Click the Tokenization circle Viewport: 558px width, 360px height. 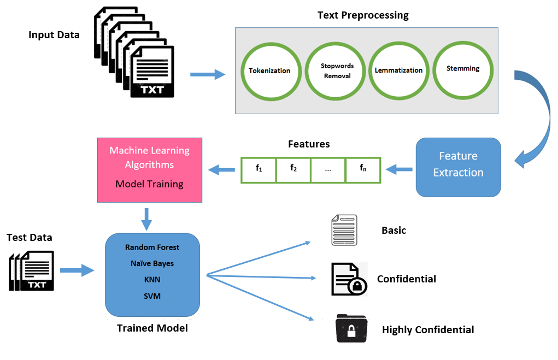(x=269, y=70)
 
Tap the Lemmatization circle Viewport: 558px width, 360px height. (x=398, y=70)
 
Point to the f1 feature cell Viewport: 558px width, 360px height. (x=259, y=169)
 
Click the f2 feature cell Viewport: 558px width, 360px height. (x=293, y=169)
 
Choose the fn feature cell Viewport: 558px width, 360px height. (x=363, y=169)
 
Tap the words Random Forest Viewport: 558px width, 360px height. (x=152, y=247)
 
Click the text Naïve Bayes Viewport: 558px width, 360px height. (x=152, y=263)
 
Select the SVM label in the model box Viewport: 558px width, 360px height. (x=152, y=296)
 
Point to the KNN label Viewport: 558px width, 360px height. (x=152, y=280)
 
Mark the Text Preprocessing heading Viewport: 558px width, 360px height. (x=363, y=15)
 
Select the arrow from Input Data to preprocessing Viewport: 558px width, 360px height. (x=208, y=74)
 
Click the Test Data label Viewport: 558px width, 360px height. (x=30, y=237)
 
